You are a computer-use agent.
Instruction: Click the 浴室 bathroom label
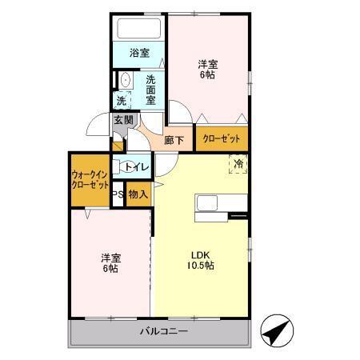[139, 53]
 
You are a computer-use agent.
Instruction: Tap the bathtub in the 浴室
[139, 30]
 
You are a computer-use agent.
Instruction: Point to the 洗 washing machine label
[122, 101]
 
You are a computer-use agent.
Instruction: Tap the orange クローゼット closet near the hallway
[221, 139]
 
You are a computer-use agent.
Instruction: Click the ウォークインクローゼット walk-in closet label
[90, 179]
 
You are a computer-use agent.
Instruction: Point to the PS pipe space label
[117, 194]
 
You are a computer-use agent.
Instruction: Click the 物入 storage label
[138, 194]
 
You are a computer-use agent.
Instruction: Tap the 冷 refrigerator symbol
[238, 165]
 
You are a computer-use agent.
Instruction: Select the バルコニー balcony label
[163, 331]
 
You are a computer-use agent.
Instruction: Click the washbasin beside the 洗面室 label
[125, 81]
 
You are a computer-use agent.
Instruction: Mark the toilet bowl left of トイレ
[117, 167]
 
